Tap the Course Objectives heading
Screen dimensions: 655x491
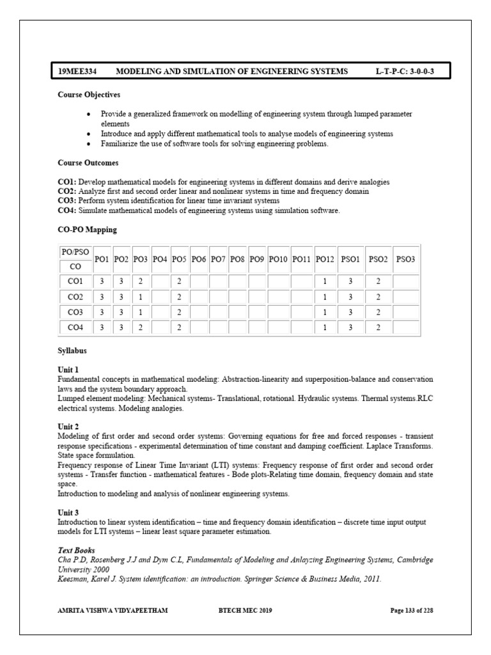pos(89,95)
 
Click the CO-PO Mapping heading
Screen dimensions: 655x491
pos(87,229)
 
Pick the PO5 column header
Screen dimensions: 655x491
pos(180,259)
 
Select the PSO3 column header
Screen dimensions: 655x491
pos(405,259)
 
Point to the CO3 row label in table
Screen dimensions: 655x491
pos(75,312)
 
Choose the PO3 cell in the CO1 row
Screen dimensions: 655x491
pos(141,281)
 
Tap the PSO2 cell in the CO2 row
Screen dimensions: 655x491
pos(378,297)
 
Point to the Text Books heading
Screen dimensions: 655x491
pos(76,550)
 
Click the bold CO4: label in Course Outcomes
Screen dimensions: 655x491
pos(67,210)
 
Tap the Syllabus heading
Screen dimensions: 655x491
pos(72,351)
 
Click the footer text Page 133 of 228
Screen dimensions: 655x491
pos(412,610)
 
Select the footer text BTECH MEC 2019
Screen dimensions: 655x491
pos(245,610)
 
